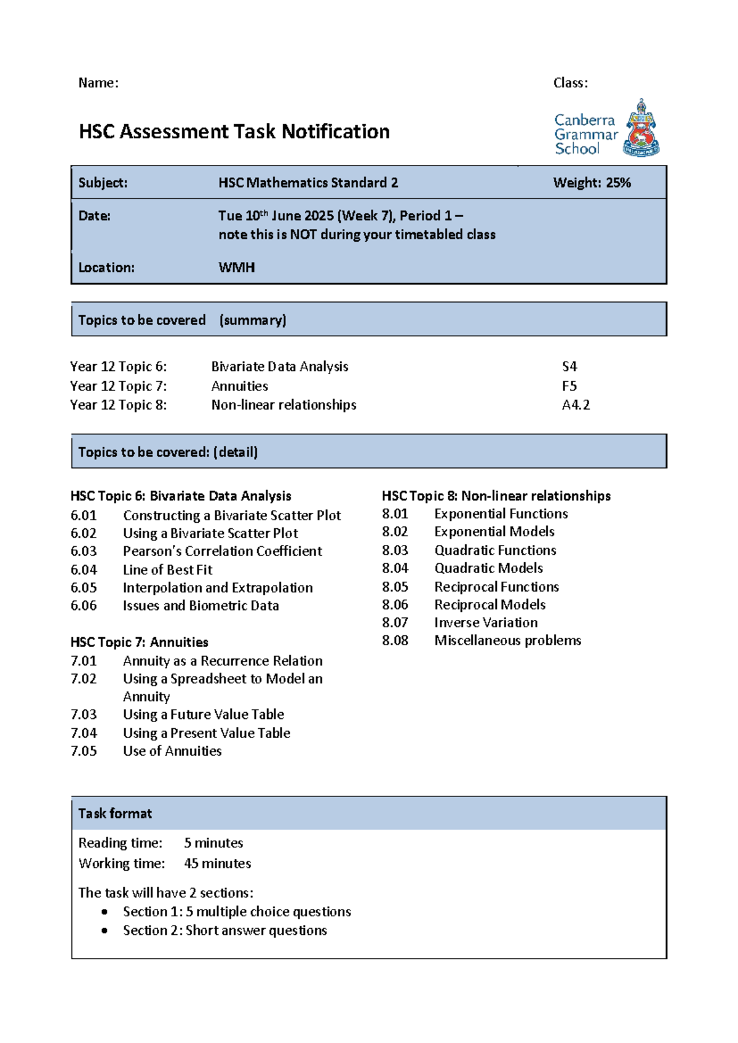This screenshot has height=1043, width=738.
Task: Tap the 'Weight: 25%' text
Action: (x=592, y=183)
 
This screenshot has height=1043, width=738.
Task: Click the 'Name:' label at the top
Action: (x=98, y=83)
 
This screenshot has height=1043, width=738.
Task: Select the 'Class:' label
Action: (x=570, y=83)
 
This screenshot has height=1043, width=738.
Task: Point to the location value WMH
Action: (x=236, y=268)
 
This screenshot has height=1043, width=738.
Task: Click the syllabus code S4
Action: (x=569, y=367)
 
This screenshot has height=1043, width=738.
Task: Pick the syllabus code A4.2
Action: (x=576, y=405)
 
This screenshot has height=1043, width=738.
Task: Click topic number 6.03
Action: (x=84, y=551)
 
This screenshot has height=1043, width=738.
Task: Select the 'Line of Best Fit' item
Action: (x=167, y=569)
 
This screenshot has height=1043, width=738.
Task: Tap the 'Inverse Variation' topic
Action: (x=486, y=622)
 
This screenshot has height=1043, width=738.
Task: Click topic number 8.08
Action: (x=395, y=640)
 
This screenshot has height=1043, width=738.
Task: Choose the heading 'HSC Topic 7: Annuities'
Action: (x=139, y=642)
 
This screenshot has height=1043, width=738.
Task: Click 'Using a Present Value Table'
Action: (x=206, y=733)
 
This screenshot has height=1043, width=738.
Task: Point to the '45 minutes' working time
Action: (x=217, y=863)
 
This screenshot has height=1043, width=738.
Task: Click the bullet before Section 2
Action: (x=105, y=930)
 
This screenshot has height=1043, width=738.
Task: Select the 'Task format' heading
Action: (x=115, y=813)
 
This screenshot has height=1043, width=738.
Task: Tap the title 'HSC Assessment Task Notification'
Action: (x=234, y=132)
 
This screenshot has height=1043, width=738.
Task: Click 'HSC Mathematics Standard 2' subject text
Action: (x=308, y=183)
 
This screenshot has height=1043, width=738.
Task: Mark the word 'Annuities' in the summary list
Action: (x=239, y=386)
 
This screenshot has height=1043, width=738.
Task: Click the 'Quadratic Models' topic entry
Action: (x=488, y=568)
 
